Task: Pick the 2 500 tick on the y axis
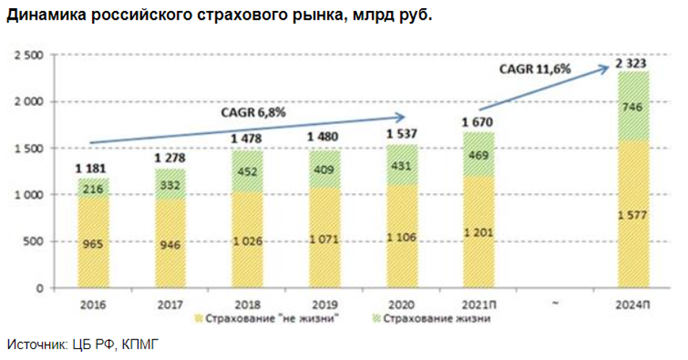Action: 29,56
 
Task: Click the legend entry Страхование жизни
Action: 442,319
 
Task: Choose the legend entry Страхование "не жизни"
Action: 271,319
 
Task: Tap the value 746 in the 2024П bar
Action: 633,108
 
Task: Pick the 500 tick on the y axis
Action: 34,242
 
